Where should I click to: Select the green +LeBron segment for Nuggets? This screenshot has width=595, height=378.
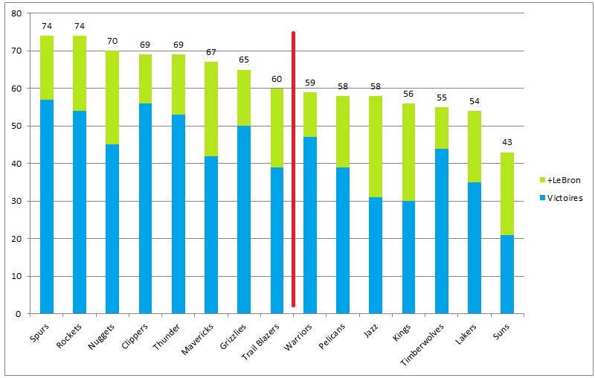tap(112, 98)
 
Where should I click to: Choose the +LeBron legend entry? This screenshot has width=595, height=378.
tap(561, 181)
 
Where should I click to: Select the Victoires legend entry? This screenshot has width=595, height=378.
tap(562, 199)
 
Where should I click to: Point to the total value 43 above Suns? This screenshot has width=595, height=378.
tap(506, 143)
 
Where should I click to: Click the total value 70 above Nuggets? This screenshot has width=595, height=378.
tap(112, 42)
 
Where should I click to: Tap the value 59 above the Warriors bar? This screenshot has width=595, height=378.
tap(309, 83)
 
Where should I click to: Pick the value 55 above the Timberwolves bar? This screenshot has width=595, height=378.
tap(441, 97)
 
